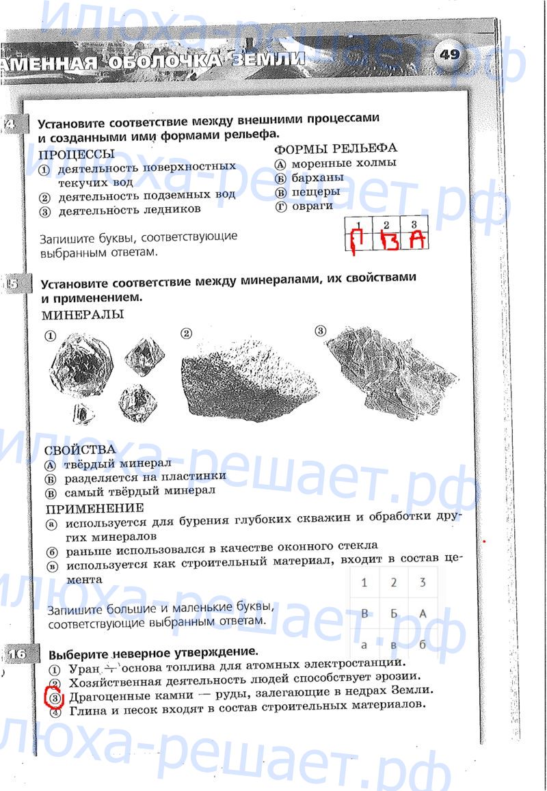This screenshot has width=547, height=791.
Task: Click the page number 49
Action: tap(449, 55)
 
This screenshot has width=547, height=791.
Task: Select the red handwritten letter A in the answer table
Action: tap(416, 241)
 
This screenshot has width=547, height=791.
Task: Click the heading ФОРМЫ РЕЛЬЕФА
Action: tap(335, 148)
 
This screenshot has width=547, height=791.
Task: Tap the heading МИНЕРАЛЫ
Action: tap(83, 314)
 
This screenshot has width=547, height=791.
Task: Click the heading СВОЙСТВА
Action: tap(80, 450)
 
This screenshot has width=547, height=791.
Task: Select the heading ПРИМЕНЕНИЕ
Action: tap(95, 508)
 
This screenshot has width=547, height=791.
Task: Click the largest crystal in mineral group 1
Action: tap(80, 367)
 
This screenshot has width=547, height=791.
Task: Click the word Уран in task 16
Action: tap(85, 667)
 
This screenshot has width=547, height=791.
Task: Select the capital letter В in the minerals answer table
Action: tap(364, 614)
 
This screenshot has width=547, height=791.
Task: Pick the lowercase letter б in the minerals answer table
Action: tap(423, 644)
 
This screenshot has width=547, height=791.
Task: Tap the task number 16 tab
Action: tap(16, 654)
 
